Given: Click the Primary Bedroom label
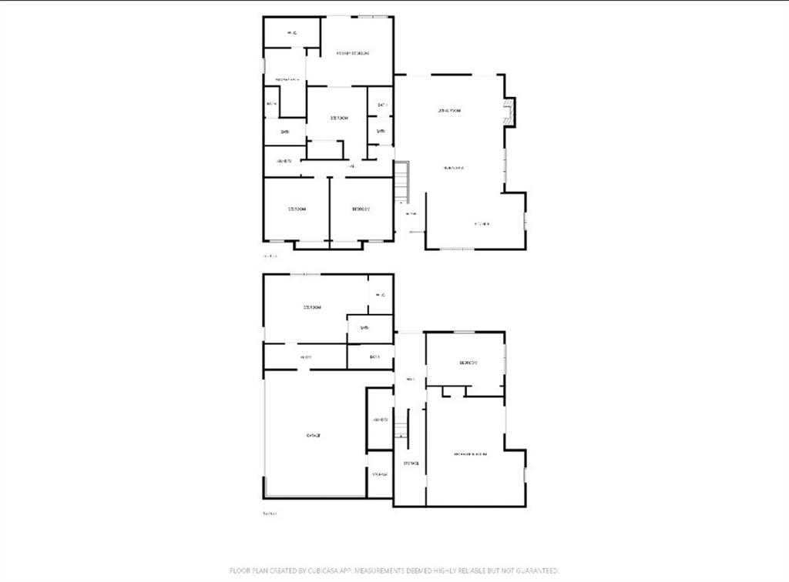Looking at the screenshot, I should (x=353, y=53).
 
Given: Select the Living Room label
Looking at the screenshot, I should (x=449, y=111).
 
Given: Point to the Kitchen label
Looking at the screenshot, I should (x=482, y=224).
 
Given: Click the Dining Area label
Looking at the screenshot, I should (x=452, y=167).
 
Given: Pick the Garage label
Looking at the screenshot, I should (x=314, y=436).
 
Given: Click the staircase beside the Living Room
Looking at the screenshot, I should (x=401, y=182).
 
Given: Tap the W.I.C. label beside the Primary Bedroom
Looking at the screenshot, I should (x=292, y=32).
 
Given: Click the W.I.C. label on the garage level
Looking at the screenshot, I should (x=380, y=295).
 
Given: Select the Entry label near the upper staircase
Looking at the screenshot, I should (x=411, y=213).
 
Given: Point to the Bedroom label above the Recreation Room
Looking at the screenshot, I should (x=468, y=363).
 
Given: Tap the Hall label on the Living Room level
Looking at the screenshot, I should (x=351, y=166).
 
